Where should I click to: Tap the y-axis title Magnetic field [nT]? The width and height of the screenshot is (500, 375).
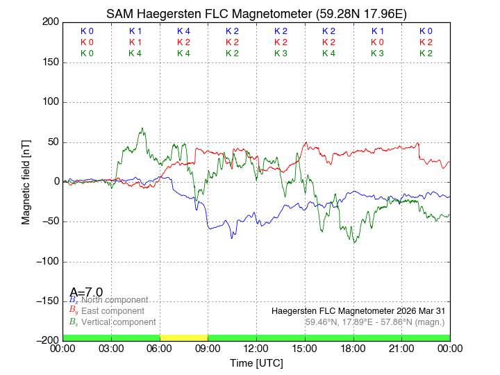[26, 181]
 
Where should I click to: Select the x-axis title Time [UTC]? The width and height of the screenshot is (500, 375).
[256, 363]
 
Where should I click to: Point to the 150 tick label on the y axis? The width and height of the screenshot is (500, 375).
[49, 62]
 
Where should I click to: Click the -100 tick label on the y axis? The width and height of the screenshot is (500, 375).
[47, 262]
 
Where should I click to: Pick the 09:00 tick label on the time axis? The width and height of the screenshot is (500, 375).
[208, 349]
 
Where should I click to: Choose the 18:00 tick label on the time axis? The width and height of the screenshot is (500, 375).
[353, 349]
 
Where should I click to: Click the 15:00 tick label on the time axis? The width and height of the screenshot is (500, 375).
[305, 349]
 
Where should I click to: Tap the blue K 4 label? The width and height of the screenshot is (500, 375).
[183, 31]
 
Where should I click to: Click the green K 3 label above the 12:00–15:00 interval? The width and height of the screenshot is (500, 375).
[281, 53]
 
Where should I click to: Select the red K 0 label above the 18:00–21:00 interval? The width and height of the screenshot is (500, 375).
[377, 42]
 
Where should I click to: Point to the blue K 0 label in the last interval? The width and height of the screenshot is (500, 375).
[426, 31]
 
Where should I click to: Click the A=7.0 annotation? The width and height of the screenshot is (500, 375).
[86, 292]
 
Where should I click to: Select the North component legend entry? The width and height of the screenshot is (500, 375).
[112, 300]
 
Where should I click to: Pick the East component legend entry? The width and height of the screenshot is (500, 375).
[112, 311]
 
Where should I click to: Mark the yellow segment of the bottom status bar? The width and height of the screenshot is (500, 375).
[183, 337]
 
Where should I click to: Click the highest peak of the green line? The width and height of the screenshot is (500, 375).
[142, 128]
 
